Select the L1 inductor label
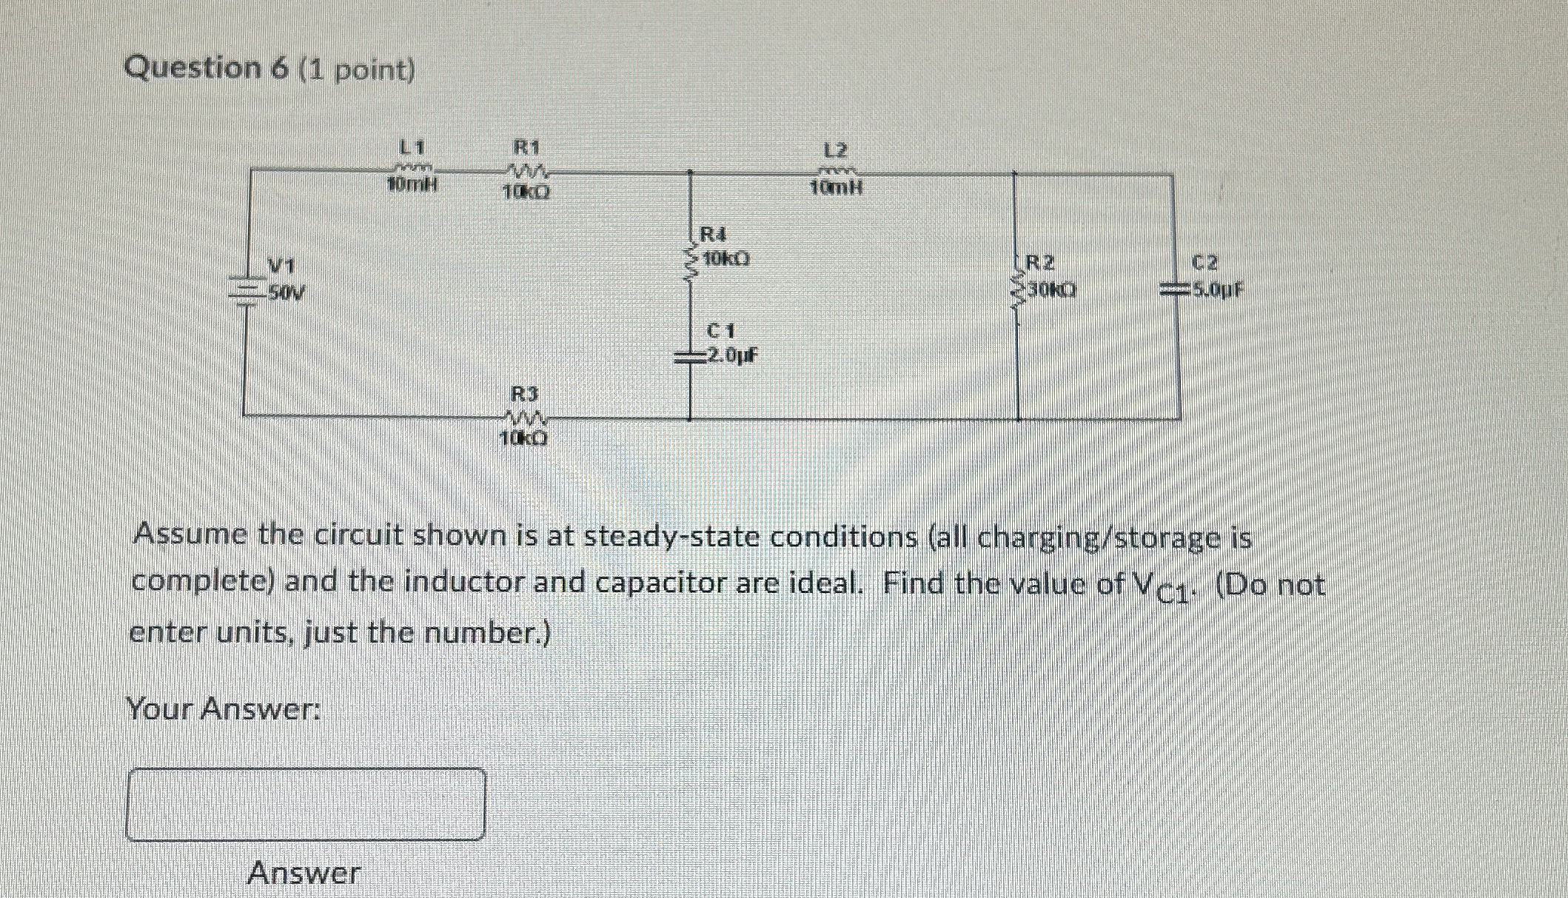pos(412,146)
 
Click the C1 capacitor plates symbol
pos(691,358)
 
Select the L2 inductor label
pos(836,151)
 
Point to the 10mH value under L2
pos(836,188)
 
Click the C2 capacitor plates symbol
pos(1174,291)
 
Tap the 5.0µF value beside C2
pos(1217,289)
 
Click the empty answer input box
pos(306,804)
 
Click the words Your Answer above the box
pos(224,709)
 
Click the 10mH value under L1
pos(412,186)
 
